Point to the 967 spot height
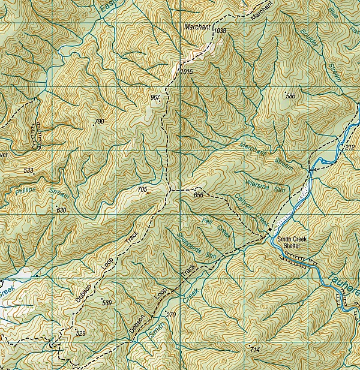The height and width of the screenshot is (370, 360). (155, 97)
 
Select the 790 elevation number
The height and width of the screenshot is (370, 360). (99, 122)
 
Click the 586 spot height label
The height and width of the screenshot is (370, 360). (291, 97)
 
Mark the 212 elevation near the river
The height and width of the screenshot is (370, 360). (350, 147)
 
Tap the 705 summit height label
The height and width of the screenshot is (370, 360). (142, 189)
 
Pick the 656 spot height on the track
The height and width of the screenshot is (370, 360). (199, 195)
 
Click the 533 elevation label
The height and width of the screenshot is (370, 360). (28, 171)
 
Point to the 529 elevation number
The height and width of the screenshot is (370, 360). (81, 333)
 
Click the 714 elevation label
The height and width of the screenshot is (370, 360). (254, 350)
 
